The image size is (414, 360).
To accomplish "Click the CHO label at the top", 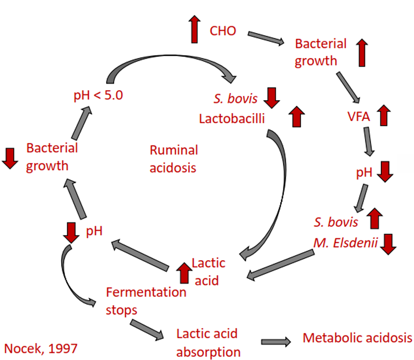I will (223, 30).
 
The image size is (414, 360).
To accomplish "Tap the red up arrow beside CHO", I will (194, 30).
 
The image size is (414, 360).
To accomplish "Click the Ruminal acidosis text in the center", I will (173, 159).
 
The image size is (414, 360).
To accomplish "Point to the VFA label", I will (359, 116).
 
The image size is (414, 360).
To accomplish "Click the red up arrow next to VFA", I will (384, 115).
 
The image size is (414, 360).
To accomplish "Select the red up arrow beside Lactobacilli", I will (296, 116).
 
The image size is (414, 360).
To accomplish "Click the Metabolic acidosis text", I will (357, 338).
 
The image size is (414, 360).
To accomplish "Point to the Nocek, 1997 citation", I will (41, 349).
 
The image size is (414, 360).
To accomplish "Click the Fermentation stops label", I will (146, 301).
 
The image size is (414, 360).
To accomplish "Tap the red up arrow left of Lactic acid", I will (184, 272).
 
